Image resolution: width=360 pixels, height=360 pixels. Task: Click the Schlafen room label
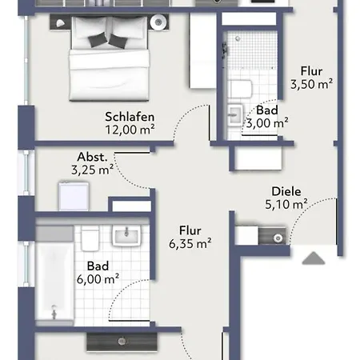[130, 117]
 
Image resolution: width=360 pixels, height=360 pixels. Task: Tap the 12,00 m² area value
[130, 130]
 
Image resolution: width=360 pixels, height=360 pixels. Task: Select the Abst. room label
[92, 157]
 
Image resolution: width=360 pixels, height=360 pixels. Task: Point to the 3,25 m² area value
[92, 170]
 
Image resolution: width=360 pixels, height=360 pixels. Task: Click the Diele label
[286, 191]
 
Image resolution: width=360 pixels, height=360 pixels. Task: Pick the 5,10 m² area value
[286, 204]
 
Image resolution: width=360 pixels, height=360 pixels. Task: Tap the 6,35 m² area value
[190, 243]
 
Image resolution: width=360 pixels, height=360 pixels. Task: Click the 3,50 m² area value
[311, 84]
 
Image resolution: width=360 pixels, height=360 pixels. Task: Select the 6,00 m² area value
[98, 279]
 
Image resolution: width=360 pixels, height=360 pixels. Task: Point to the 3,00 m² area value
[267, 123]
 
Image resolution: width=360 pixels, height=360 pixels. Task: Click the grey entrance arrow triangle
[314, 258]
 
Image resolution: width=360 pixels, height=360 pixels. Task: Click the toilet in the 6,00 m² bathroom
[90, 238]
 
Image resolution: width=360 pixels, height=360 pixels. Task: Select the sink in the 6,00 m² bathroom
[126, 235]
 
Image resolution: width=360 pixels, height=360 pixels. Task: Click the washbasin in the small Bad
[235, 115]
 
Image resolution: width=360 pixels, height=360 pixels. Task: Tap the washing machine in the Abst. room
[74, 196]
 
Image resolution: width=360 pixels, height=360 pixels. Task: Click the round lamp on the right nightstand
[158, 22]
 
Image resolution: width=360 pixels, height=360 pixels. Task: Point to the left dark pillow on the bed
[97, 40]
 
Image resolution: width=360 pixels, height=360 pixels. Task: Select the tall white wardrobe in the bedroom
[203, 50]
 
